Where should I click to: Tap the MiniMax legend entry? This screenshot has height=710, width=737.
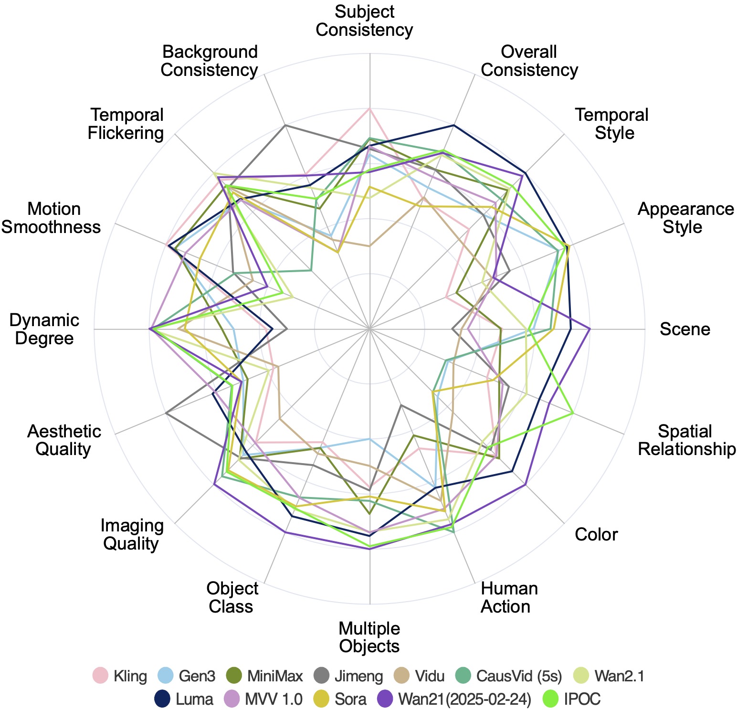[x=264, y=676]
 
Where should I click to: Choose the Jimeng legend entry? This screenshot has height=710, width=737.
[x=348, y=676]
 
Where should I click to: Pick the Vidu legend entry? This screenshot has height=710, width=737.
[x=419, y=676]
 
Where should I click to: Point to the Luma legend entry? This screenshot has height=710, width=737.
[x=183, y=699]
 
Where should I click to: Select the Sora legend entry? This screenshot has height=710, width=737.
[x=339, y=699]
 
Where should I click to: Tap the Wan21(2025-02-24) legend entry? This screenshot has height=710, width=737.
[x=453, y=699]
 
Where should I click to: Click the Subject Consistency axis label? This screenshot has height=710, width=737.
[x=364, y=21]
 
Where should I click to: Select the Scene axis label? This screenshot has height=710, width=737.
[x=684, y=329]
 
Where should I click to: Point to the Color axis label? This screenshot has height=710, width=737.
[x=596, y=534]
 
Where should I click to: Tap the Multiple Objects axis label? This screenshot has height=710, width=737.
[x=369, y=637]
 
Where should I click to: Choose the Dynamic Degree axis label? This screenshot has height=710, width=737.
[x=44, y=329]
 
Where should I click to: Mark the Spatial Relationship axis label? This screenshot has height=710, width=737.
[x=686, y=440]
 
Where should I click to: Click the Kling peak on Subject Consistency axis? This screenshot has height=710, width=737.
[x=369, y=109]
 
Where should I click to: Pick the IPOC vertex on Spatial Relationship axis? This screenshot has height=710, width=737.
[x=573, y=413]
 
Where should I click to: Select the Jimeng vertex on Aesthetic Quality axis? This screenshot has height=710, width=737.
[x=166, y=413]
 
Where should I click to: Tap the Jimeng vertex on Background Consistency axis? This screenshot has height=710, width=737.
[x=285, y=125]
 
